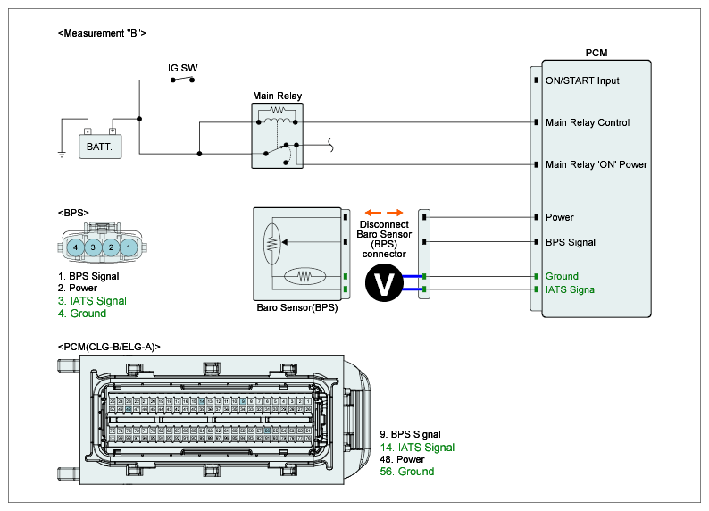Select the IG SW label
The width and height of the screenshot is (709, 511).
(x=183, y=68)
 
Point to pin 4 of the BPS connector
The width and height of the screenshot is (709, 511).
(x=77, y=246)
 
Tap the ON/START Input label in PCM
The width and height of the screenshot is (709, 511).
(x=582, y=80)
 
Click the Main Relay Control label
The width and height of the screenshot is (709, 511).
(x=588, y=122)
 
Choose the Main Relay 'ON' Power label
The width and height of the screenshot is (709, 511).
(x=596, y=164)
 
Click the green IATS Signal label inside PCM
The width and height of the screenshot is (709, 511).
(x=571, y=289)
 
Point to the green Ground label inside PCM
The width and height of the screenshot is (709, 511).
(x=562, y=276)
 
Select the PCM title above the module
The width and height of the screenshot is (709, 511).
(x=596, y=54)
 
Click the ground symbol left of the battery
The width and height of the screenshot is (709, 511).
(x=62, y=154)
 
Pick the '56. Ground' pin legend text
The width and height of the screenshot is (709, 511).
(x=407, y=471)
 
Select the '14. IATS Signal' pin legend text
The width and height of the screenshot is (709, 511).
(x=417, y=447)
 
